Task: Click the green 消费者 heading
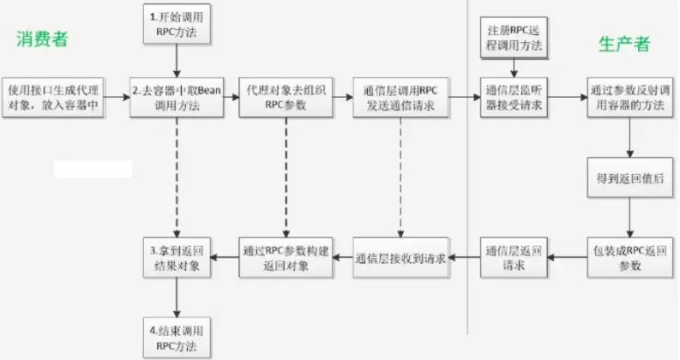tap(41, 39)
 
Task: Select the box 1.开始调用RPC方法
tap(176, 24)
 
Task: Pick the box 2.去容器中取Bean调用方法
tap(176, 97)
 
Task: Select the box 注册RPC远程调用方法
tap(514, 37)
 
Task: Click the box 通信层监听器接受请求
tap(514, 97)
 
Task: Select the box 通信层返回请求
tap(514, 258)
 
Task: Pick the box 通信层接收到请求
tap(400, 258)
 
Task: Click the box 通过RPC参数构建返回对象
tap(286, 258)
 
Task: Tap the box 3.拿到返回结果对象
tap(176, 258)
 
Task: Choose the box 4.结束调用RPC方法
tap(176, 338)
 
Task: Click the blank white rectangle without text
tap(93, 169)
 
